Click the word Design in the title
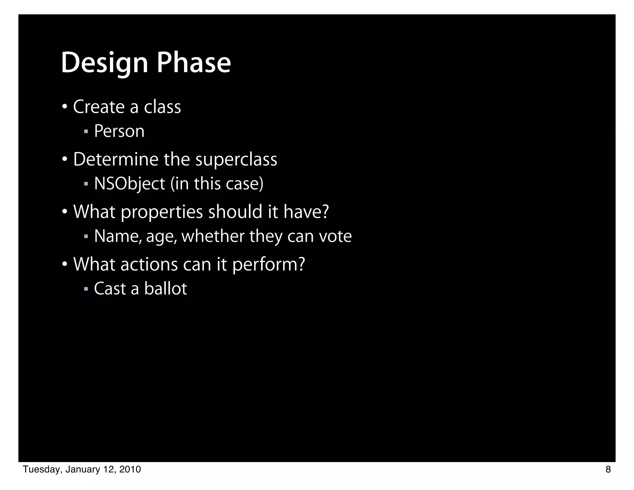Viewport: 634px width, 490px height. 105,63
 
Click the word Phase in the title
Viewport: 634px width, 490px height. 194,63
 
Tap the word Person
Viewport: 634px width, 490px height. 119,131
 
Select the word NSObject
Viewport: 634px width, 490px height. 129,184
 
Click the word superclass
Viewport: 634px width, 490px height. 236,160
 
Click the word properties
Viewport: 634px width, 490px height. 161,212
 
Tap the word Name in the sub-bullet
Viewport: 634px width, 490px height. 118,236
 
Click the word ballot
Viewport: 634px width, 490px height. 165,289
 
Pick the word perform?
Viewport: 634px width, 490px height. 268,265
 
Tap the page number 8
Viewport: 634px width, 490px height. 608,470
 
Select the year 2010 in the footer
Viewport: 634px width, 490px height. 130,470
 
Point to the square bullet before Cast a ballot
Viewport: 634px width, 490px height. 86,289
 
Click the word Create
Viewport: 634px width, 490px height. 99,107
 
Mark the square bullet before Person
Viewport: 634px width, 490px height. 86,131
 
